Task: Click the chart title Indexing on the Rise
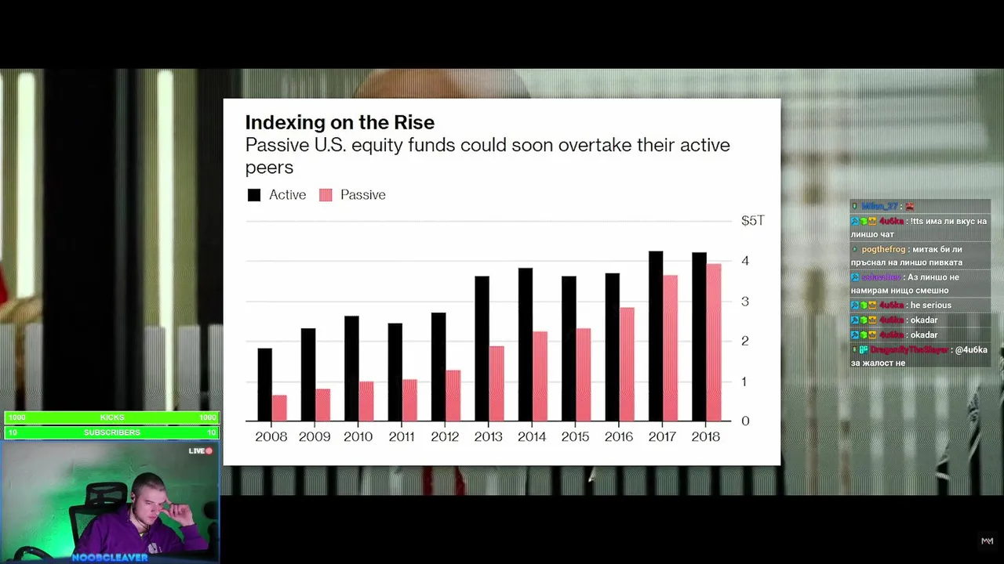[x=340, y=122]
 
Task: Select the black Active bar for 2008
[x=265, y=385]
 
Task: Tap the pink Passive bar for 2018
[x=713, y=342]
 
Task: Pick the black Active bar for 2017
[x=656, y=336]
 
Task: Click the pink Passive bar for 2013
[x=497, y=383]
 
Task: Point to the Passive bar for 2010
[x=366, y=401]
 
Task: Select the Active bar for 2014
[x=526, y=345]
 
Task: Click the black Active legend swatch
[x=254, y=195]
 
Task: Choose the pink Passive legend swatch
[x=326, y=195]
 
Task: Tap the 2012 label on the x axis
[x=445, y=437]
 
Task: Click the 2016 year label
[x=618, y=437]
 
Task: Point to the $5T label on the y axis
[x=752, y=221]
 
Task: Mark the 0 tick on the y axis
[x=745, y=421]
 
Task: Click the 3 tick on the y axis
[x=745, y=302]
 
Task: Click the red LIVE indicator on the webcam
[x=202, y=451]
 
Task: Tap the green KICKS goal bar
[x=112, y=418]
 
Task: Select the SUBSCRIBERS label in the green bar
[x=112, y=432]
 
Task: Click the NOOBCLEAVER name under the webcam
[x=109, y=558]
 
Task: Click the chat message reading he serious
[x=930, y=305]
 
